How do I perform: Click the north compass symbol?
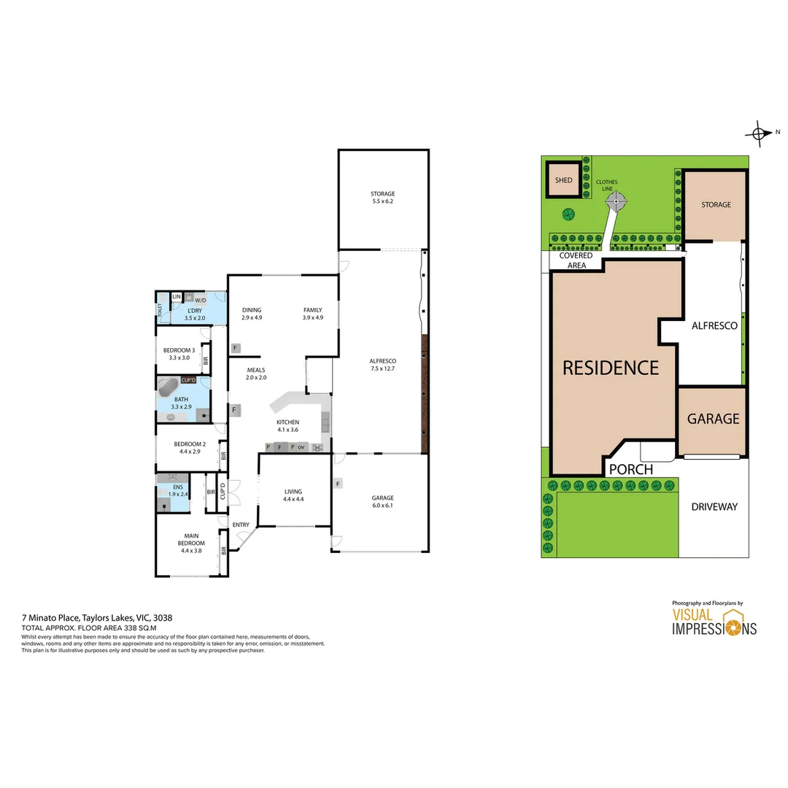760,134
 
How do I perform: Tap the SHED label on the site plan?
564,180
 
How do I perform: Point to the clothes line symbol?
617,200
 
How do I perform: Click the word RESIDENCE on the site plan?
610,368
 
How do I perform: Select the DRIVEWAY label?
714,506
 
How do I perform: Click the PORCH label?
630,469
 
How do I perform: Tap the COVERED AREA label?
576,260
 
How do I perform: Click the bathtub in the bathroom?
171,387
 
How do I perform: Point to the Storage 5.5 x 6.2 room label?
382,197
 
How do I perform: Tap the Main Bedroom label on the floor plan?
191,543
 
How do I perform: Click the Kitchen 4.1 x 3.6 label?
287,426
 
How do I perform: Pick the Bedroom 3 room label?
179,354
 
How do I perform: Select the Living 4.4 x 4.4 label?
293,495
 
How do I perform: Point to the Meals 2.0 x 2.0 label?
256,374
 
